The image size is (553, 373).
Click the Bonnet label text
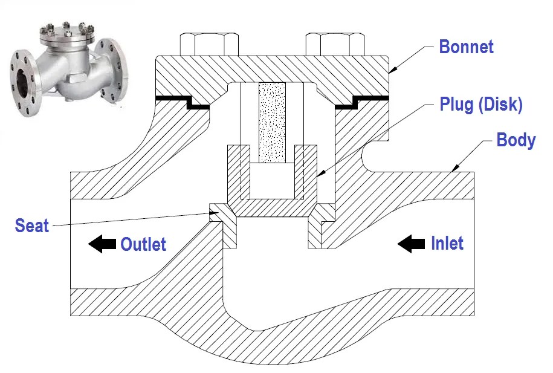point(466,47)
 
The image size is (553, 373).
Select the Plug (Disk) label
point(481,105)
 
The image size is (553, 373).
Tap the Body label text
point(516,140)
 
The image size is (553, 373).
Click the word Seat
point(31,226)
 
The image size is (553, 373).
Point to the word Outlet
point(143,244)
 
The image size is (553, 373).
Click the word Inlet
point(447,244)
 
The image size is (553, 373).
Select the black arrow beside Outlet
point(102,244)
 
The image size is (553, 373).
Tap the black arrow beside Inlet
point(411,244)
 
